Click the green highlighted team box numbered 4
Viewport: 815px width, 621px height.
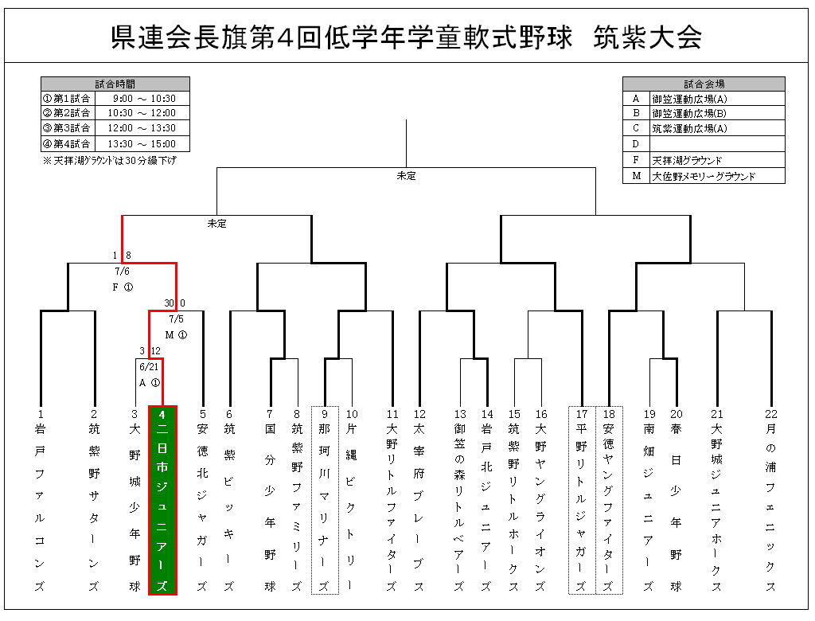[x=162, y=500]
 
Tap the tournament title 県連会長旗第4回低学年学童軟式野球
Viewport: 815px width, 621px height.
[x=341, y=37]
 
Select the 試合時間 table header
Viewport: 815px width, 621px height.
[x=115, y=84]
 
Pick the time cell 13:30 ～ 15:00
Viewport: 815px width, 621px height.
[x=142, y=144]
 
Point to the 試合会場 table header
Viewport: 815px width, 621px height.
[x=704, y=84]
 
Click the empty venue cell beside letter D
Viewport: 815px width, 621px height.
[x=717, y=144]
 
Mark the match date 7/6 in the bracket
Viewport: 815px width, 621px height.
[x=122, y=271]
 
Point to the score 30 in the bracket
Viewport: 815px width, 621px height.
[x=169, y=303]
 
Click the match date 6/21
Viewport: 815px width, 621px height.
[x=149, y=367]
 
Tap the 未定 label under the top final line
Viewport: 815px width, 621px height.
[x=406, y=176]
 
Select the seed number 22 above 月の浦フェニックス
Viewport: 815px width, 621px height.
[x=770, y=414]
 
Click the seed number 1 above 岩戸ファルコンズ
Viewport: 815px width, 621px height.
[x=41, y=414]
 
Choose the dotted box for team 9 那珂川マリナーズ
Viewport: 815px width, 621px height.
[x=325, y=500]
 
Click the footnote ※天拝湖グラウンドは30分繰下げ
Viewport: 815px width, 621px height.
[x=110, y=161]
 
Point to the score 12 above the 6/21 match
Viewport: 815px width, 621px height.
[x=155, y=351]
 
